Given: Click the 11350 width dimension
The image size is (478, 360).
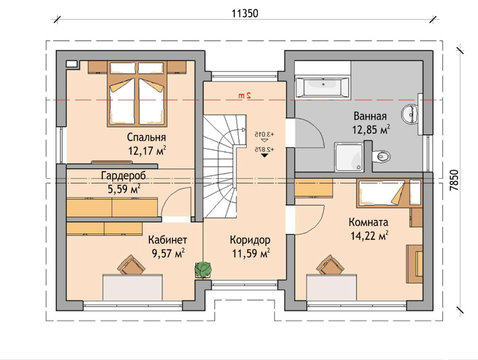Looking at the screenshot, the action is (x=245, y=14).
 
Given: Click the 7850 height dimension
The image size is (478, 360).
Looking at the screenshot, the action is (x=454, y=180).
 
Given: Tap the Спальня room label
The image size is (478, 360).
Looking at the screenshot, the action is (x=146, y=138).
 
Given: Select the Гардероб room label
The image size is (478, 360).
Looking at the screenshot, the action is (x=123, y=176).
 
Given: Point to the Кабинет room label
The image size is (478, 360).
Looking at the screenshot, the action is (x=168, y=240).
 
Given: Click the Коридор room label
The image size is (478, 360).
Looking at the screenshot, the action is (x=250, y=240).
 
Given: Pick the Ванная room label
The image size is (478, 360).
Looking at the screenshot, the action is (x=370, y=116).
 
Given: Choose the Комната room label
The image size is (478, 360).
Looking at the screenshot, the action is (x=368, y=222).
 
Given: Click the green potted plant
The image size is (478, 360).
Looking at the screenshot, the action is (x=203, y=269).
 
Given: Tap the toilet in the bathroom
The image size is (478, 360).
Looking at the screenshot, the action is (x=381, y=156).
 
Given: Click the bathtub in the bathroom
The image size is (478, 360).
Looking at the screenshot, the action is (x=322, y=87).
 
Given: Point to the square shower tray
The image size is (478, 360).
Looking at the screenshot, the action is (x=349, y=157).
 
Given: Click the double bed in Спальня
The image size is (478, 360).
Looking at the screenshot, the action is (x=137, y=94).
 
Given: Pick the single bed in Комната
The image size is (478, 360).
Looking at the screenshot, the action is (x=389, y=193).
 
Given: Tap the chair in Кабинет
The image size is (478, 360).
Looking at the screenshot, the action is (x=131, y=265).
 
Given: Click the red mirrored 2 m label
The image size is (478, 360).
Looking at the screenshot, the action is (x=245, y=95).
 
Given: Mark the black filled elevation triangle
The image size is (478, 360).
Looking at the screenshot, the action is (x=264, y=155).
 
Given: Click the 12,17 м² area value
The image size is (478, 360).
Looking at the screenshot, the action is (x=147, y=150).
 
